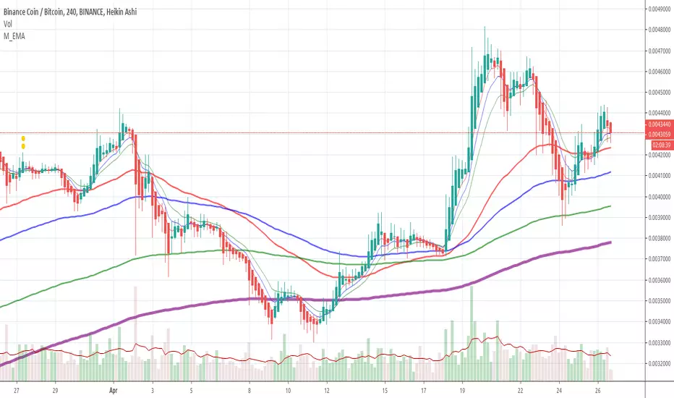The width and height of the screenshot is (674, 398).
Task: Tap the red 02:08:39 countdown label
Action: (657, 145)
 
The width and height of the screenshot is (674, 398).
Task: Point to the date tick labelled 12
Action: (327, 388)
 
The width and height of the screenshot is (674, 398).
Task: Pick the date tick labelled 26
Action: (597, 388)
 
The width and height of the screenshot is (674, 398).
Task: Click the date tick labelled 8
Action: (249, 388)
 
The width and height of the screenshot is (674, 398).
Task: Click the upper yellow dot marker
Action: (23, 138)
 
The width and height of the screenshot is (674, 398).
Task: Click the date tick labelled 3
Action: (152, 388)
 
